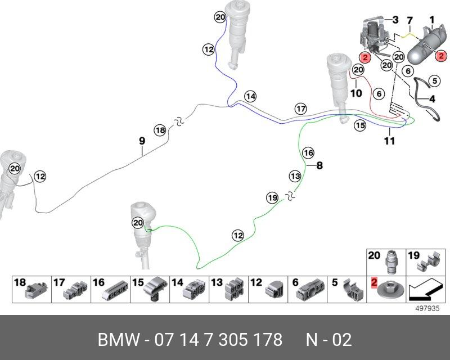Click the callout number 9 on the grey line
(142, 140)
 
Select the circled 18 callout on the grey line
(160, 130)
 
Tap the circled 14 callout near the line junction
(250, 97)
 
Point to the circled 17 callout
(301, 108)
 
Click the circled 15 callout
(360, 126)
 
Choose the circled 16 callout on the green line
(308, 152)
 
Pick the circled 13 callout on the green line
(295, 176)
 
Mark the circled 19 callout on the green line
(272, 197)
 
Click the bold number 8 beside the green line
(319, 165)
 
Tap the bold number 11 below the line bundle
(390, 141)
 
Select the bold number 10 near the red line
(356, 93)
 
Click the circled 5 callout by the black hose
(434, 81)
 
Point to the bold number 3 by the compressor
(395, 20)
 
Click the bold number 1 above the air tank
(432, 21)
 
